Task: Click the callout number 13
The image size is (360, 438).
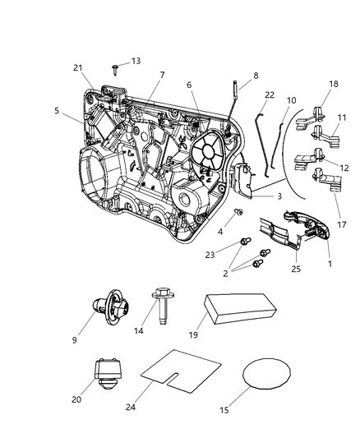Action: click(x=136, y=61)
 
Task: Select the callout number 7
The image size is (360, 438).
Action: click(x=162, y=75)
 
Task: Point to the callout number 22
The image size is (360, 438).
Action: click(x=268, y=95)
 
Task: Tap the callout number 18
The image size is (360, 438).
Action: click(x=333, y=85)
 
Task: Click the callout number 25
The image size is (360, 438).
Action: click(x=297, y=267)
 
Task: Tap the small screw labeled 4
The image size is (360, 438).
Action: click(x=238, y=211)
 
